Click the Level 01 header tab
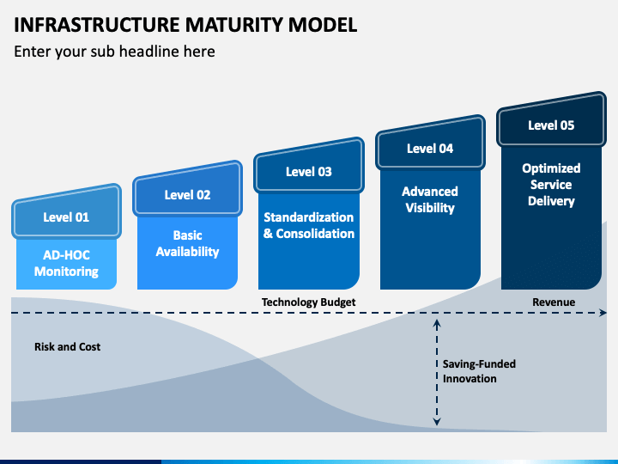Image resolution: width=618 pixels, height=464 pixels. (66, 212)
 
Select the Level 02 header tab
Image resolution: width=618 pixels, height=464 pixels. (188, 189)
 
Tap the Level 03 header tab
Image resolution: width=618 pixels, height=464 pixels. (309, 166)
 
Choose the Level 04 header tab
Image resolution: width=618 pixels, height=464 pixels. (430, 143)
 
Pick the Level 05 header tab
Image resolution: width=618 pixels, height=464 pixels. (551, 120)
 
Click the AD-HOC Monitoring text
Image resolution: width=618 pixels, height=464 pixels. (66, 263)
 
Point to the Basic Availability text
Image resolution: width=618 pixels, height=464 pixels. (188, 243)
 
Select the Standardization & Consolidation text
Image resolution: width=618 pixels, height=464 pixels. (309, 225)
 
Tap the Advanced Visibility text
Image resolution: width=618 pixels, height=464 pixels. (430, 199)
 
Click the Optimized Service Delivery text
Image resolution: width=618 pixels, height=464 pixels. (551, 185)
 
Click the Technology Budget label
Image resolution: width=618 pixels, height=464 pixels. (309, 302)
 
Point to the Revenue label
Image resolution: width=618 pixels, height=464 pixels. (554, 302)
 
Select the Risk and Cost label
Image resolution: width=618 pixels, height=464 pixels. (68, 347)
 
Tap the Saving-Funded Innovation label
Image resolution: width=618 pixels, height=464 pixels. (479, 371)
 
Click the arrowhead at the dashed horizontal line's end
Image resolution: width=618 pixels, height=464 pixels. (603, 313)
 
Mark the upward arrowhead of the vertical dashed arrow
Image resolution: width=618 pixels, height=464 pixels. (437, 324)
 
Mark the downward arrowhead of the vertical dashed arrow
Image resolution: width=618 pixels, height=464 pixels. (437, 421)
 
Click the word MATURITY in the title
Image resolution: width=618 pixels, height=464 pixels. (234, 25)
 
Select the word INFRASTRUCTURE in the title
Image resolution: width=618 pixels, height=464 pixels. (97, 25)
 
